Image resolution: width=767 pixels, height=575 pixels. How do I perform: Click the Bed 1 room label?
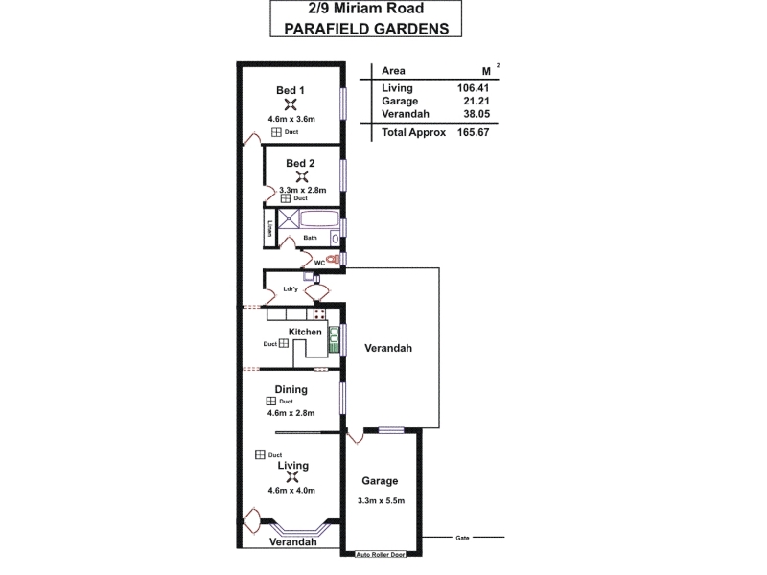291,90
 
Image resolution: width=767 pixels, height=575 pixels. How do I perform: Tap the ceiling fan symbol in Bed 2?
302,176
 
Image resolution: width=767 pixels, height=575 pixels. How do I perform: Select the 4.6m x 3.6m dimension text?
291,119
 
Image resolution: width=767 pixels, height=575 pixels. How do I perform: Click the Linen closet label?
269,228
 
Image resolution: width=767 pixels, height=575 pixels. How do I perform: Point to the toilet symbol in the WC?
334,259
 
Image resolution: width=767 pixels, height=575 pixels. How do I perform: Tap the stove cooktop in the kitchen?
319,314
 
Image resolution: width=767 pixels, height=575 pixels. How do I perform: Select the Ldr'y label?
291,289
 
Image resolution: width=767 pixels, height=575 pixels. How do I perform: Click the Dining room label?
291,389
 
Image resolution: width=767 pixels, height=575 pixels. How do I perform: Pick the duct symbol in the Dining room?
270,401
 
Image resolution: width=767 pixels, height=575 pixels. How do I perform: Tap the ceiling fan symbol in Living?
292,476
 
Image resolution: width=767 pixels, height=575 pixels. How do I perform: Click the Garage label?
380,481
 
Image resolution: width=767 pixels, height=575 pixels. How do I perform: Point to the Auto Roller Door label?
381,555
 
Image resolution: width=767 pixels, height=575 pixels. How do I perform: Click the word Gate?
462,538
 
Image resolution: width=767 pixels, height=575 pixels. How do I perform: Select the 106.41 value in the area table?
473,88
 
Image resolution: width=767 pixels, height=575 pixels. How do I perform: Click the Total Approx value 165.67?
473,132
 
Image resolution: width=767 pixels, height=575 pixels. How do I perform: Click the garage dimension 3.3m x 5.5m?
381,500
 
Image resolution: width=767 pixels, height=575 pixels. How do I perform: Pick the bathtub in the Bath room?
319,218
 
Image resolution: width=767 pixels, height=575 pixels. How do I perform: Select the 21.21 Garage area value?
476,102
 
